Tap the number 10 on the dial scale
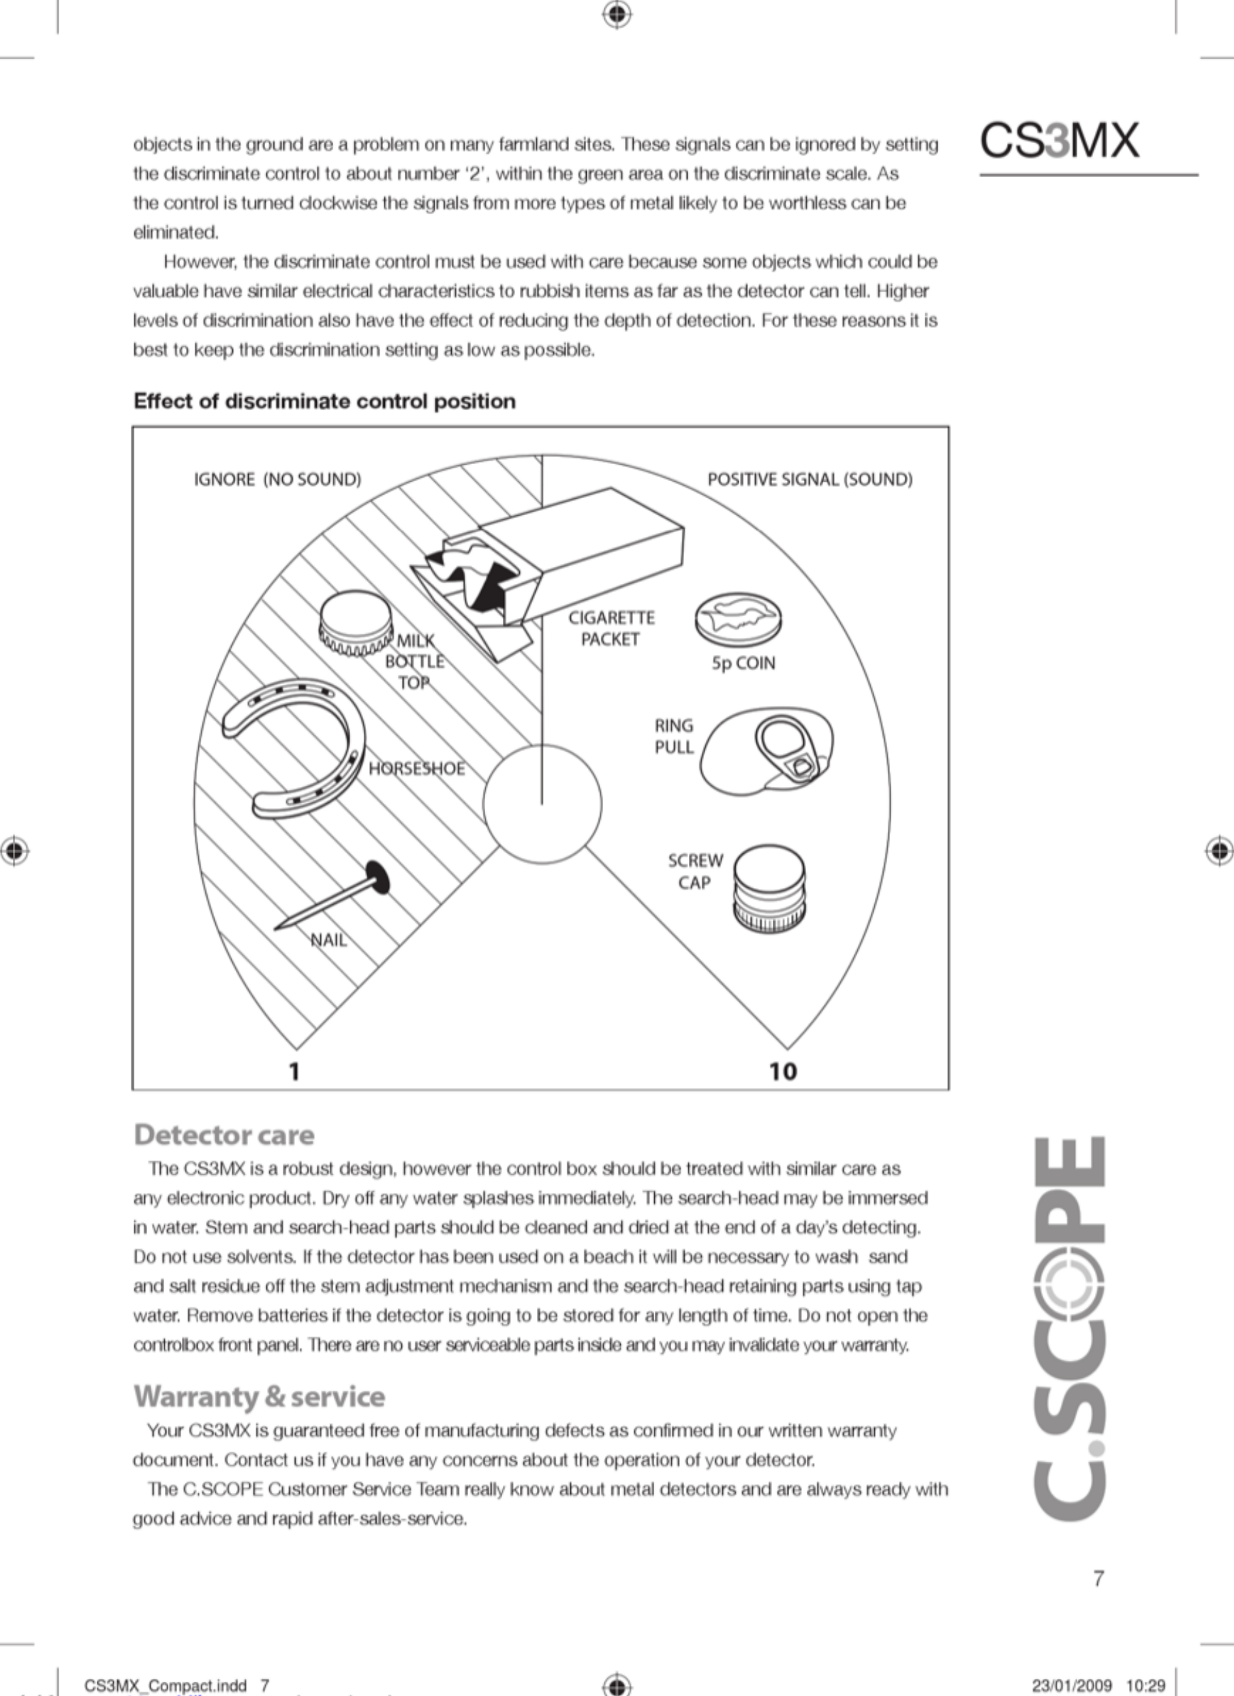pos(783,1072)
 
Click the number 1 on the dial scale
pos(294,1072)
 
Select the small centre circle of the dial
pos(542,804)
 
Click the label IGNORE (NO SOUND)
pos(277,479)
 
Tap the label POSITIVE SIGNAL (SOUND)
pos(810,479)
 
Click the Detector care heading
pos(224,1135)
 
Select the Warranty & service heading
pos(260,1396)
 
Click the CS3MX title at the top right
pos(1060,140)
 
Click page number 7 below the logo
pos(1098,1578)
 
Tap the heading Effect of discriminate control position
pos(324,401)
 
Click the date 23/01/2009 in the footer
pos(1072,1685)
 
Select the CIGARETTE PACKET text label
pos(611,628)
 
